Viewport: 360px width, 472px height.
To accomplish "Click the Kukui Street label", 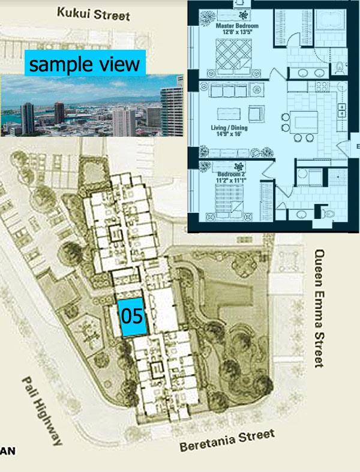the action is (94, 14).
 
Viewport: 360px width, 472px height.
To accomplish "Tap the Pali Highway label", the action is (42, 411).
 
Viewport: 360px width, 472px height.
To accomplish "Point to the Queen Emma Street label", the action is (319, 308).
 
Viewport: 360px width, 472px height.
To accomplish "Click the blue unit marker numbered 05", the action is (132, 317).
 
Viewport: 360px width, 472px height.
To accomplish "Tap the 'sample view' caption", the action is (85, 63).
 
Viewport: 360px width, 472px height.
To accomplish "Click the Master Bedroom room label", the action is (237, 26).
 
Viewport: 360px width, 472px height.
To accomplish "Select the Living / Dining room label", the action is (229, 128).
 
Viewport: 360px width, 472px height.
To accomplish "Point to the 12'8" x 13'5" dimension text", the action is (237, 32).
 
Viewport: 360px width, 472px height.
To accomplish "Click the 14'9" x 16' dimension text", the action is (229, 134).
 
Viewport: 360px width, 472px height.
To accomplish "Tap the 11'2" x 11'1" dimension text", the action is (232, 180).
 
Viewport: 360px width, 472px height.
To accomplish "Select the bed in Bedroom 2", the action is (229, 200).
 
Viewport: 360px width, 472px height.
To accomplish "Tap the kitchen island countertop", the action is (304, 122).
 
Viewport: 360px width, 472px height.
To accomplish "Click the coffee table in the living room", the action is (229, 114).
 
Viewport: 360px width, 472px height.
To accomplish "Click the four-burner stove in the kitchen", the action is (322, 87).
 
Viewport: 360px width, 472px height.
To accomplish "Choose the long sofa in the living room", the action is (229, 90).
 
